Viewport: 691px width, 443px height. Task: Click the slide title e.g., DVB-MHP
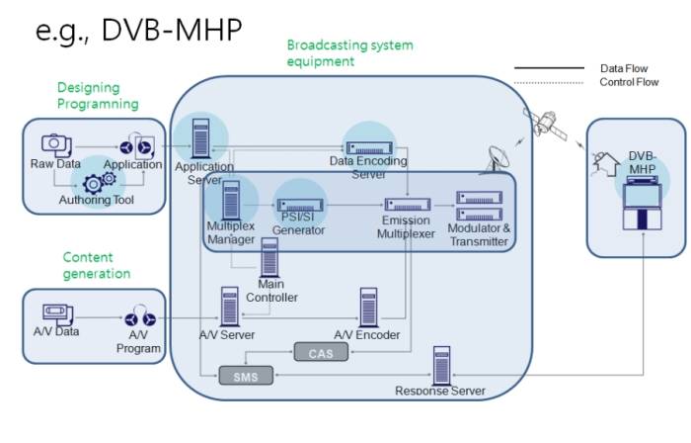click(138, 29)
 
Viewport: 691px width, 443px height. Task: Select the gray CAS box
click(321, 353)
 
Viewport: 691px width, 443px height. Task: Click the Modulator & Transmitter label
click(480, 235)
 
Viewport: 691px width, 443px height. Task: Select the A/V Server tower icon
click(229, 307)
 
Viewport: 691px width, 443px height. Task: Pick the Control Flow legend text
click(629, 82)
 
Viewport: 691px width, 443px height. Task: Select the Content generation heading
click(96, 265)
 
